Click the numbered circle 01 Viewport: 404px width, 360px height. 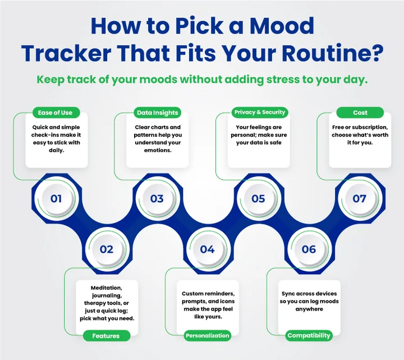[x=56, y=198]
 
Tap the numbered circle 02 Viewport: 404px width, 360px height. [x=107, y=249]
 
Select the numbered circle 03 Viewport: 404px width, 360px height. [x=157, y=198]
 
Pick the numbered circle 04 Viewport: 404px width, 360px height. [x=207, y=249]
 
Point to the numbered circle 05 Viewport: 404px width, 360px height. [x=258, y=198]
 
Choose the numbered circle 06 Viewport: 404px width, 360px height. [x=309, y=249]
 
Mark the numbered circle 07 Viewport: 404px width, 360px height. [x=359, y=198]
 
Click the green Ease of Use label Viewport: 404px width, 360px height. [x=56, y=113]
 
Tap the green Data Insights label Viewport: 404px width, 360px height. [x=157, y=113]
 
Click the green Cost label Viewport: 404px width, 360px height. [x=360, y=113]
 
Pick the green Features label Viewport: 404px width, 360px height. [x=106, y=335]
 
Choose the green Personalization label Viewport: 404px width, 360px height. [x=208, y=335]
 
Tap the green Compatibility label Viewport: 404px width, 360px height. [x=309, y=335]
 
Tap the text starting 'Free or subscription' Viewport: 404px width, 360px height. [x=360, y=135]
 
